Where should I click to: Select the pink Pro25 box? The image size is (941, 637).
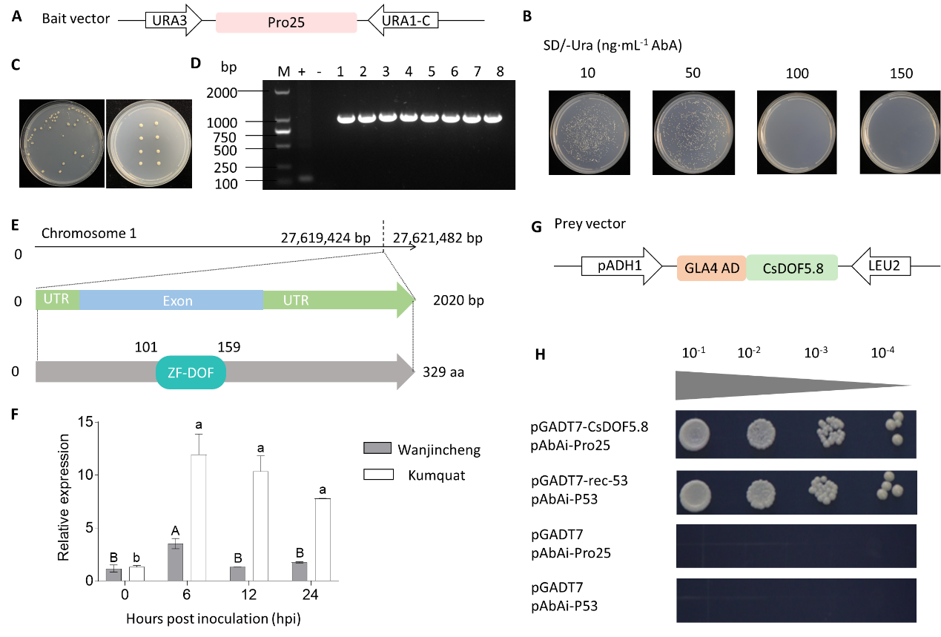[286, 23]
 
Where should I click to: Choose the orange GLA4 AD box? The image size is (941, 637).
[711, 268]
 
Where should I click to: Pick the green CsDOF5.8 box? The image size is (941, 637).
[792, 268]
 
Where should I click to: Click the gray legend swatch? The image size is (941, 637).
[377, 448]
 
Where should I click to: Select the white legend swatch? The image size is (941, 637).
[378, 474]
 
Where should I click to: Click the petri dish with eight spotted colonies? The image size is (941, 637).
[149, 142]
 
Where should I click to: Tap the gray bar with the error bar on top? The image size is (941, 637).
[176, 561]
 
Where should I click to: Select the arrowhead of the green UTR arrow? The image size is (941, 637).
[406, 300]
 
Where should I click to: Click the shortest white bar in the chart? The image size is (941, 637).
[136, 574]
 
